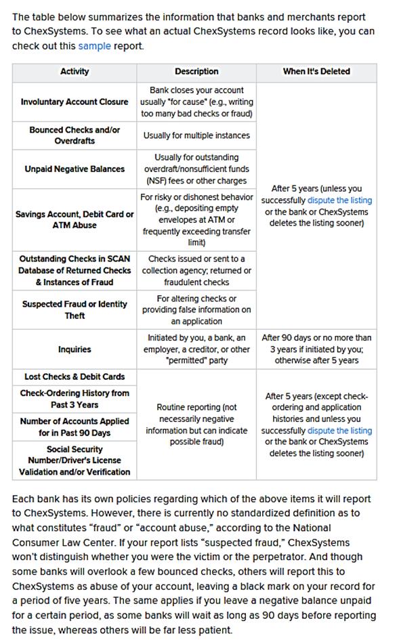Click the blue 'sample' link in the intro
[93, 46]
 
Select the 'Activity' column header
[75, 71]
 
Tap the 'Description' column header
[196, 71]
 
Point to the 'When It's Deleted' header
[316, 71]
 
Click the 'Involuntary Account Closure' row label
[75, 102]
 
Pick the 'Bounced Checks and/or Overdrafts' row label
[75, 135]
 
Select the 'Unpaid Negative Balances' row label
[75, 169]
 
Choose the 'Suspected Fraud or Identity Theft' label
[75, 309]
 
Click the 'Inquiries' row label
[75, 349]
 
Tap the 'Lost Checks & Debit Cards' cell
[75, 377]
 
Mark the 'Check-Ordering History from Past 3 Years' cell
[75, 399]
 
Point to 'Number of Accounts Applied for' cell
[75, 427]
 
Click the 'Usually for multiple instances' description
[196, 135]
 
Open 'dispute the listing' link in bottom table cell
[339, 430]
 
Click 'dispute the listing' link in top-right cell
[339, 200]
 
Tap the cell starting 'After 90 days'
[316, 349]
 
